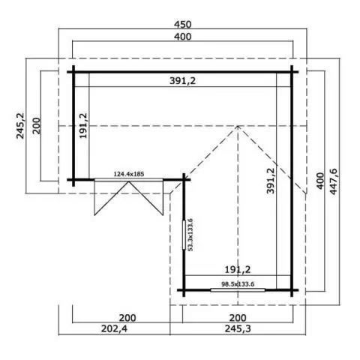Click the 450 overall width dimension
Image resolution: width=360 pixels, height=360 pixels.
(183, 25)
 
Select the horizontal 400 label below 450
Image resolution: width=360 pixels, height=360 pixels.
(183, 37)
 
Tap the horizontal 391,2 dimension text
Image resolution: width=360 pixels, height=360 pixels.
(183, 81)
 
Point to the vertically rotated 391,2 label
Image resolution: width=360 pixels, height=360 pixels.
(270, 181)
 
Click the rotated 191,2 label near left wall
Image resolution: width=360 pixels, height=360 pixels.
(83, 125)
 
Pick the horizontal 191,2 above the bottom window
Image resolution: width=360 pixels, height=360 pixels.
(238, 269)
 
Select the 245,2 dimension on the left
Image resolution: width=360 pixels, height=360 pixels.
(20, 125)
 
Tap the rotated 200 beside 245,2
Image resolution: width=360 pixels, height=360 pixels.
(37, 126)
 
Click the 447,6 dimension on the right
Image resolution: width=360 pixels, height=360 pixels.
(334, 181)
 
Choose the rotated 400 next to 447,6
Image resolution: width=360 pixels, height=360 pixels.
(320, 181)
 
